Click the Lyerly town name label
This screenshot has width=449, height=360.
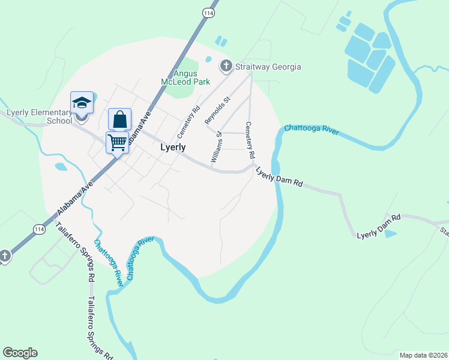(x=173, y=147)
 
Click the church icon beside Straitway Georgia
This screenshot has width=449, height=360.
(x=226, y=66)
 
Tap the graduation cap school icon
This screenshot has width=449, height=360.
(x=82, y=103)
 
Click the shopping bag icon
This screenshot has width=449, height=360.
(x=120, y=119)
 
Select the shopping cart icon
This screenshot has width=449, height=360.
(x=117, y=142)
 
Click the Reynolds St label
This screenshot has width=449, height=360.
(x=217, y=110)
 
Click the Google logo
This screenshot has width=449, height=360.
(x=20, y=353)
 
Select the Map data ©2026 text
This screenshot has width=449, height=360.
(x=423, y=355)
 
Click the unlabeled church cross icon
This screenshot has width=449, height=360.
(x=4, y=256)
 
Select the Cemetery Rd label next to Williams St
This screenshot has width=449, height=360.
(x=249, y=140)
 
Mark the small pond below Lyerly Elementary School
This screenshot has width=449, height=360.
(x=61, y=166)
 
